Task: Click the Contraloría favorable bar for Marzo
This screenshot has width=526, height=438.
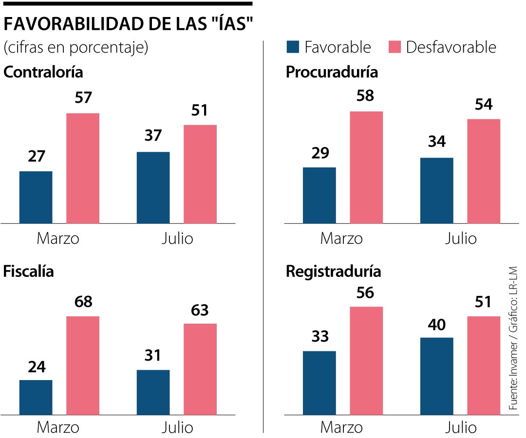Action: coord(36,197)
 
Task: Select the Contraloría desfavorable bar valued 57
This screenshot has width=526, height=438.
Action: coord(83,168)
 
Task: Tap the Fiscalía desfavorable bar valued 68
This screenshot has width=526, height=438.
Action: coord(83,365)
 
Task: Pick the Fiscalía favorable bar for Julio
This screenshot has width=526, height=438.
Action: coord(153,392)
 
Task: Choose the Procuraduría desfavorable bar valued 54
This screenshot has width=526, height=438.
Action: coord(484,171)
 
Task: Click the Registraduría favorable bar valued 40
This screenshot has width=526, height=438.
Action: coord(437,376)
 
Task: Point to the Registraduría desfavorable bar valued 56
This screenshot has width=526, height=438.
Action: coord(366,361)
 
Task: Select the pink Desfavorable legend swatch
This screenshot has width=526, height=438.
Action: coord(394,47)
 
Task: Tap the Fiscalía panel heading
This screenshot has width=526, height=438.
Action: coord(28,271)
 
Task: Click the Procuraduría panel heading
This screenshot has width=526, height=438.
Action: coord(332,72)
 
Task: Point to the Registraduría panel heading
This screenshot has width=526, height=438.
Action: coord(333,271)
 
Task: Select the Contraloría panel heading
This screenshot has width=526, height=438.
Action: coord(43,72)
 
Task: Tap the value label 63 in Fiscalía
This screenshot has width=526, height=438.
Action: coord(200,310)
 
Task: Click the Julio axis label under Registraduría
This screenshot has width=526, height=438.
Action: coord(461,427)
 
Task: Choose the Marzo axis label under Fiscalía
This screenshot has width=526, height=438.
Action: coord(58,427)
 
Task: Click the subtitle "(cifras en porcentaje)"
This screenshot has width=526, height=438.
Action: coord(75,48)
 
